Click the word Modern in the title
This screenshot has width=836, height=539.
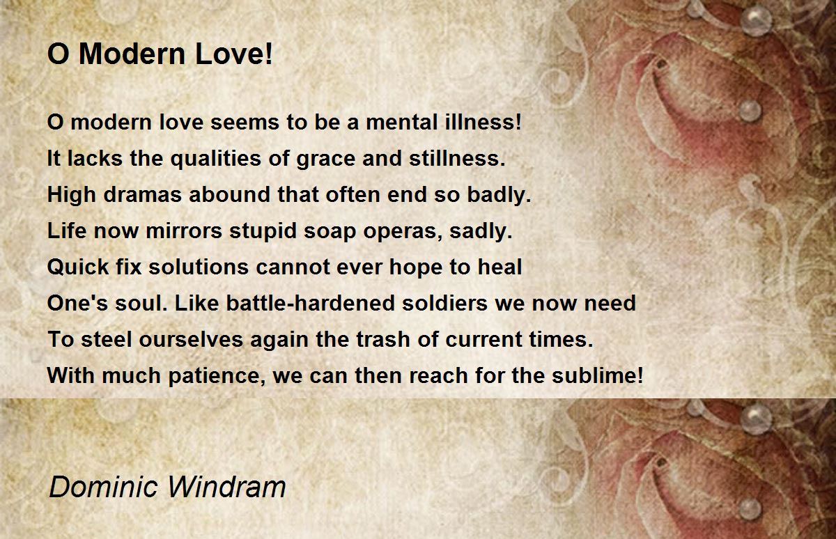pyautogui.click(x=132, y=54)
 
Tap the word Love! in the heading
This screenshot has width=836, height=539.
pyautogui.click(x=234, y=54)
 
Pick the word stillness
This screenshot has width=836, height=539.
pyautogui.click(x=457, y=158)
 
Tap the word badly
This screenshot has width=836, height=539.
pyautogui.click(x=500, y=196)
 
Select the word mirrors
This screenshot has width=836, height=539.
pyautogui.click(x=184, y=231)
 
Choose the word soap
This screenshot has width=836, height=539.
pyautogui.click(x=330, y=232)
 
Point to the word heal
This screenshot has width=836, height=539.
pyautogui.click(x=500, y=267)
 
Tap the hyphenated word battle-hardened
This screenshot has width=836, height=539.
pyautogui.click(x=311, y=303)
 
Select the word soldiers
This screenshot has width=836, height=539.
pyautogui.click(x=445, y=303)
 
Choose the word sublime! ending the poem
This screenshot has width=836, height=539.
pyautogui.click(x=598, y=375)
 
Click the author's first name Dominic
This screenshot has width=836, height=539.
pyautogui.click(x=103, y=487)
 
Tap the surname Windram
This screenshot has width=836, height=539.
pyautogui.click(x=226, y=487)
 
